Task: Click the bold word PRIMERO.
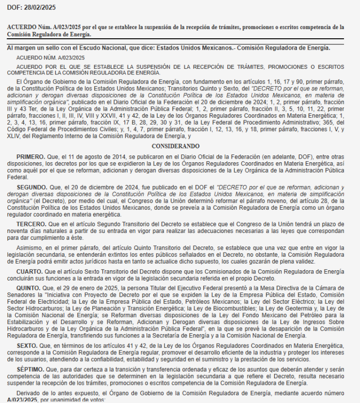pyautogui.click(x=31, y=156)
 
